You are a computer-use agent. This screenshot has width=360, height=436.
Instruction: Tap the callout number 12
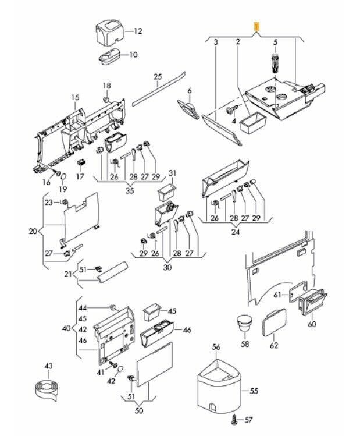coord(137,30)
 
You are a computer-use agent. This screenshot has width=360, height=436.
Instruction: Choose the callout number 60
coord(312,324)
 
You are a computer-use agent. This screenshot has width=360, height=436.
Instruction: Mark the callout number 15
coord(74,97)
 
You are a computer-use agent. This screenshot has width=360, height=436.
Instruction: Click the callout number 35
coord(130,190)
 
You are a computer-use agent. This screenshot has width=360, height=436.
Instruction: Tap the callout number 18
coord(106,86)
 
